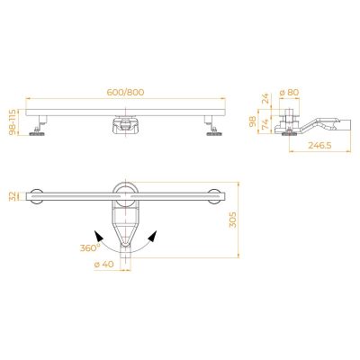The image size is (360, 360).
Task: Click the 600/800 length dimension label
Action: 125,92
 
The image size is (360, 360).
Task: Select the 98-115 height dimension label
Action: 13,121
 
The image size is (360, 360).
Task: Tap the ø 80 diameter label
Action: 289,93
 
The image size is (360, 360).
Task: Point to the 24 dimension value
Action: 265,98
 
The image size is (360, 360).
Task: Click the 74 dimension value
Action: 265,123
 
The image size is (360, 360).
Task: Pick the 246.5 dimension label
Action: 319,146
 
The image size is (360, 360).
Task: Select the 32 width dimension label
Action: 13,196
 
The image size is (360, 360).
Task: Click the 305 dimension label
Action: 233,220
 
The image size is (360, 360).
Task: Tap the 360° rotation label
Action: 90,247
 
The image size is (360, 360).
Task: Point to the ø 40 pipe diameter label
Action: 103,265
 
